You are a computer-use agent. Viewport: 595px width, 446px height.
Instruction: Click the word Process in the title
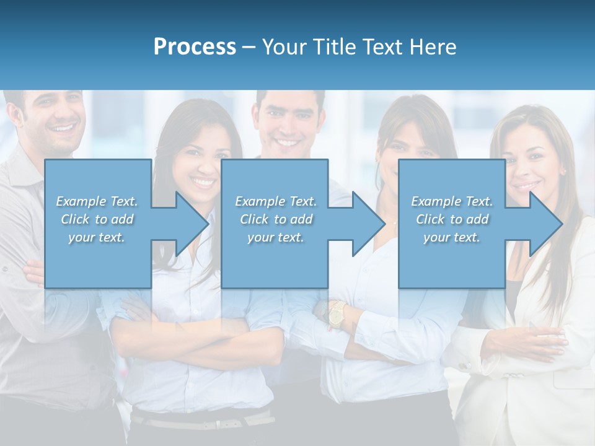pyautogui.click(x=195, y=47)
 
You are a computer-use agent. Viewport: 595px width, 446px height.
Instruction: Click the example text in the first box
pyautogui.click(x=97, y=219)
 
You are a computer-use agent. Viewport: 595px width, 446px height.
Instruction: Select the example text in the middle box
pyautogui.click(x=275, y=219)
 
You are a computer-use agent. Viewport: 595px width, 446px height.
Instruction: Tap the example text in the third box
pyautogui.click(x=451, y=219)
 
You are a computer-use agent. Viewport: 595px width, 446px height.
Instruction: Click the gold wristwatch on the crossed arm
pyautogui.click(x=336, y=313)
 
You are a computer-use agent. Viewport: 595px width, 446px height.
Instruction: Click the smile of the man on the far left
pyautogui.click(x=64, y=129)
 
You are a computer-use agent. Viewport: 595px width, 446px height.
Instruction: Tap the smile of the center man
pyautogui.click(x=288, y=142)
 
